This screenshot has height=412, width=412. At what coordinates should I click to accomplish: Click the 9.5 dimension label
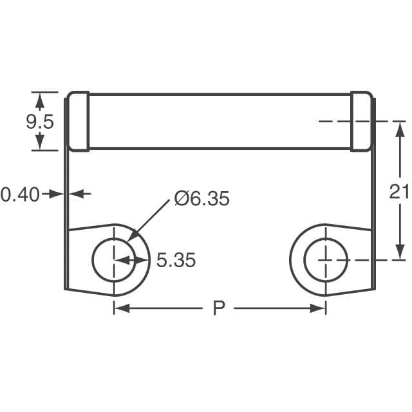coord(40,122)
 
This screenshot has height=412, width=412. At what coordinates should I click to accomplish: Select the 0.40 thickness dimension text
coord(20,193)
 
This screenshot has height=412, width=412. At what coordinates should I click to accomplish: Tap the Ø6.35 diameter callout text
coord(201,199)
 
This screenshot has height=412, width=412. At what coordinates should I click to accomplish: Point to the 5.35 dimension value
coord(176,260)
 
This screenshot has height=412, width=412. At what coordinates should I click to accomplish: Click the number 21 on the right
coord(399,191)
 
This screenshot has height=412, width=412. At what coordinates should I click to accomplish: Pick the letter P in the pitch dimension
coord(219,309)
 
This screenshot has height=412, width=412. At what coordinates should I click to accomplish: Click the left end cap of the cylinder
coord(78,122)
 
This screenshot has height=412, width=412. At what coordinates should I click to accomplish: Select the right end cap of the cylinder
coord(361,122)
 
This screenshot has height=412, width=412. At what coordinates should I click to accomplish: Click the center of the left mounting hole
coord(114,260)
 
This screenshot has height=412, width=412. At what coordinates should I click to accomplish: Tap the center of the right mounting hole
coord(326,260)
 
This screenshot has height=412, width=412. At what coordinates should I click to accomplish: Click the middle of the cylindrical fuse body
coord(219,122)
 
